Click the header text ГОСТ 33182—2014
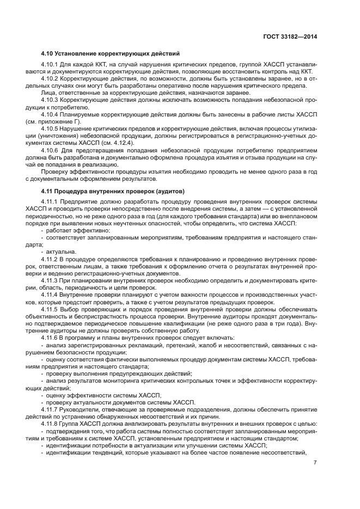coord(290,36)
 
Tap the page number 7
coord(315,463)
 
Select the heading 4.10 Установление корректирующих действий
coord(110,53)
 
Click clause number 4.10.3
coord(52,101)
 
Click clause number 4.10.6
coord(52,149)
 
